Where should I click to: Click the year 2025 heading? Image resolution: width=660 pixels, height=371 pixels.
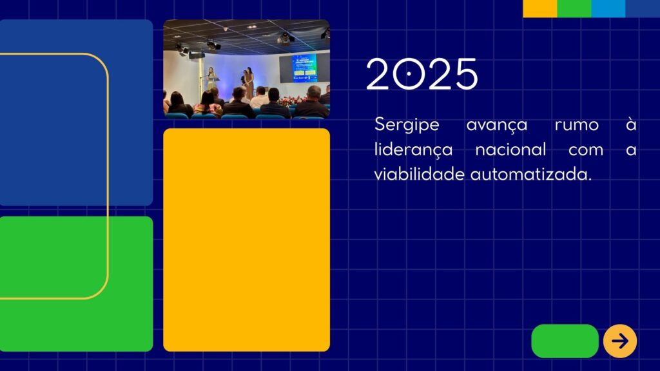tap(422, 74)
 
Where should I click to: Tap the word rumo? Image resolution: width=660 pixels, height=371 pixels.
tap(577, 125)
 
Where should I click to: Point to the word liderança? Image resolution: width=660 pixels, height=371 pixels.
tap(413, 150)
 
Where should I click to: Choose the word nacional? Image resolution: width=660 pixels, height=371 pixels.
tap(510, 149)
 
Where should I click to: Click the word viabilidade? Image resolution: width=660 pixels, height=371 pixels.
tap(419, 174)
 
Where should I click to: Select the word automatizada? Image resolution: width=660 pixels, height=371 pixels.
tap(531, 174)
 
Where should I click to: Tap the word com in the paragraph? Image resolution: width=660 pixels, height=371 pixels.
tap(586, 150)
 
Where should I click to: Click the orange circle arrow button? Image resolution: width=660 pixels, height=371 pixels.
tap(620, 341)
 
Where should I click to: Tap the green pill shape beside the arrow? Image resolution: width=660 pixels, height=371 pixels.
tap(565, 341)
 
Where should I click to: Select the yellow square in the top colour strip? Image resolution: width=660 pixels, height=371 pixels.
tap(540, 8)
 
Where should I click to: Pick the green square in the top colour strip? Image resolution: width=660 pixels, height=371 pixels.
tap(574, 8)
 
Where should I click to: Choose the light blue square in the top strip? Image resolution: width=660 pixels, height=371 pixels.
tap(608, 8)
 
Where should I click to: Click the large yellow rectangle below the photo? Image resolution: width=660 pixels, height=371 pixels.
tap(247, 240)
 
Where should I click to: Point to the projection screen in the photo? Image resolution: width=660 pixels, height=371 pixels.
tap(304, 68)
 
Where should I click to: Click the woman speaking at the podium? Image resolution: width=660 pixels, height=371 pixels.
tap(211, 79)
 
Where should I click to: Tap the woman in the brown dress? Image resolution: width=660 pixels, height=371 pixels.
tap(249, 82)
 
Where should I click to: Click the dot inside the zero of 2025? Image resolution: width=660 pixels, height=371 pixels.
tap(408, 74)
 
